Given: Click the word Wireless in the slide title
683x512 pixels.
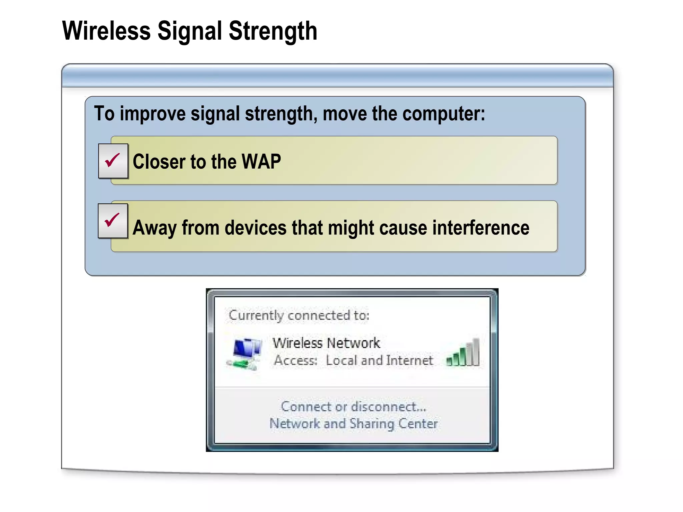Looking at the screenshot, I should pos(106,31).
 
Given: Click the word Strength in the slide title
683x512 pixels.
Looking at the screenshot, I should pos(272,31).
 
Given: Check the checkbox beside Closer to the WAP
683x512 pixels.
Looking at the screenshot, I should pos(113,161).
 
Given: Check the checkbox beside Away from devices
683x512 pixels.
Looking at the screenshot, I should pos(113,221).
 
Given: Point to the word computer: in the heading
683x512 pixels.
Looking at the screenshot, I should pos(444,114).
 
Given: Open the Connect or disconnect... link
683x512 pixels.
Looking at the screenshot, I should pos(354,407).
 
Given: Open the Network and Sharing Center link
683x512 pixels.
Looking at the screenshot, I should pos(354,424).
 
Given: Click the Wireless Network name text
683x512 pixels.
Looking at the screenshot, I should pos(326,343).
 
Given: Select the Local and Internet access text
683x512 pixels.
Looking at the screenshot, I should pos(379,360).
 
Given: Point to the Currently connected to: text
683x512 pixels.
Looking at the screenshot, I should pos(299,315).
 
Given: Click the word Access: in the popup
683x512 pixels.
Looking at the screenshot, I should pos(295,360).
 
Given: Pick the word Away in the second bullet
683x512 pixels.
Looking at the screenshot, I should pos(154,228).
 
